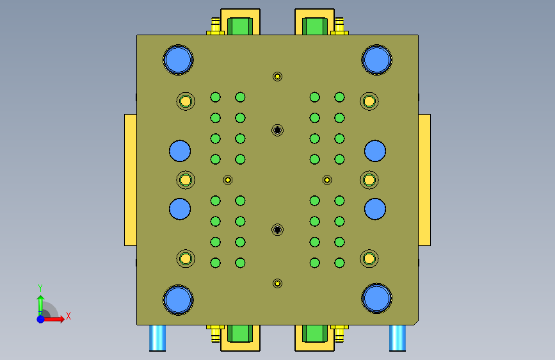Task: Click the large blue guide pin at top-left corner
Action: tap(178, 60)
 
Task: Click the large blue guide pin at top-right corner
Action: tap(376, 60)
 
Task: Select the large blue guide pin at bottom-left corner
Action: tap(178, 300)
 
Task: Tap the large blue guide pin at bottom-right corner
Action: tap(376, 299)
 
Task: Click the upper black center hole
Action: tap(278, 131)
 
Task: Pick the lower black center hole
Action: tap(278, 229)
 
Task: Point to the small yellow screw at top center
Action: tap(278, 76)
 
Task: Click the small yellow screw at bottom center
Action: tap(278, 284)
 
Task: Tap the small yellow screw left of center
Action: tap(228, 180)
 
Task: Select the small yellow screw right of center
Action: tap(327, 180)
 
